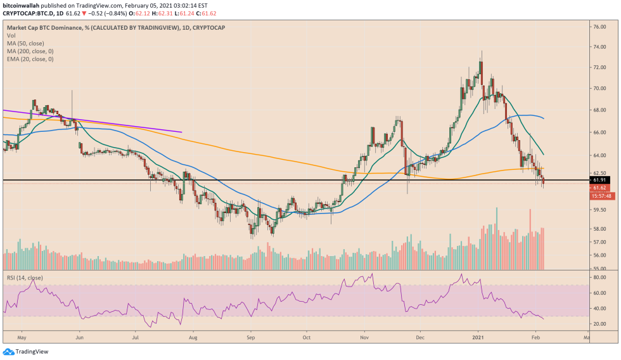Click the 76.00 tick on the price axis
click(x=600, y=27)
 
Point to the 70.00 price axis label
click(x=600, y=88)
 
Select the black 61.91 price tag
click(x=599, y=180)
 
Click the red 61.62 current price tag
click(x=599, y=188)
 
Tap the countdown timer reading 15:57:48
click(x=600, y=195)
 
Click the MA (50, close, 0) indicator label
click(x=30, y=43)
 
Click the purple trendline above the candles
click(x=95, y=121)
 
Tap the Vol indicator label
click(x=11, y=35)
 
